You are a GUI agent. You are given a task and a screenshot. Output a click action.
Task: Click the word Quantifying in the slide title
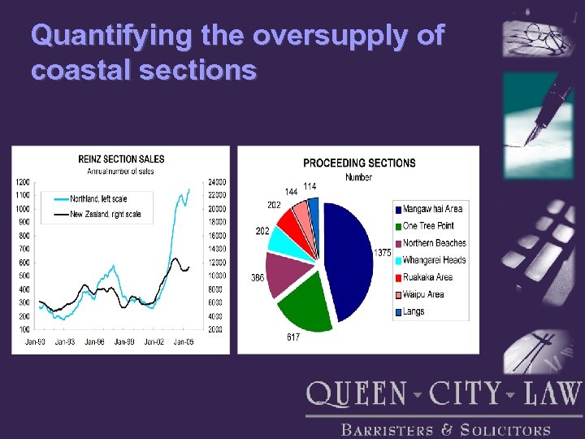pos(90,37)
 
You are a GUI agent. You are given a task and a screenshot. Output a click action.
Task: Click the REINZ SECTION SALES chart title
pos(120,159)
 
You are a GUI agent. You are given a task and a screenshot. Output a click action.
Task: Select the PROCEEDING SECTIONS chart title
pos(358,163)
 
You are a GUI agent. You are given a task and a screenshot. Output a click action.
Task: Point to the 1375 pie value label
pos(383,253)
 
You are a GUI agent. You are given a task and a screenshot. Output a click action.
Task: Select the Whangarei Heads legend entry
pos(434,260)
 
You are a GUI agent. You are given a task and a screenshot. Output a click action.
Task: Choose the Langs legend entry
pos(413,311)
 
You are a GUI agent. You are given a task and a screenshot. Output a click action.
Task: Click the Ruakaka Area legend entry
pos(427,277)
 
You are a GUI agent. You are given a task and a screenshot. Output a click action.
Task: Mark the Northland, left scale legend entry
pos(97,198)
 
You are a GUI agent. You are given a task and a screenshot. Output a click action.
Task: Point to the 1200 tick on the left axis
pos(23,181)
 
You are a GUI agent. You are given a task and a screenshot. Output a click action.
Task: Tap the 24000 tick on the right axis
pos(217,181)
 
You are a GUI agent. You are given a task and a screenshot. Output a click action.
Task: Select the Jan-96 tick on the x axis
pos(95,342)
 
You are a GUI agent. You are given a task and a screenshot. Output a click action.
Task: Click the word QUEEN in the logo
pos(357,395)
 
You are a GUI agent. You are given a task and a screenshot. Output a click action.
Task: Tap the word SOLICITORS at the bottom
pos(505,430)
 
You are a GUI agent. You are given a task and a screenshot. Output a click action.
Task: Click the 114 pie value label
pos(310,186)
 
